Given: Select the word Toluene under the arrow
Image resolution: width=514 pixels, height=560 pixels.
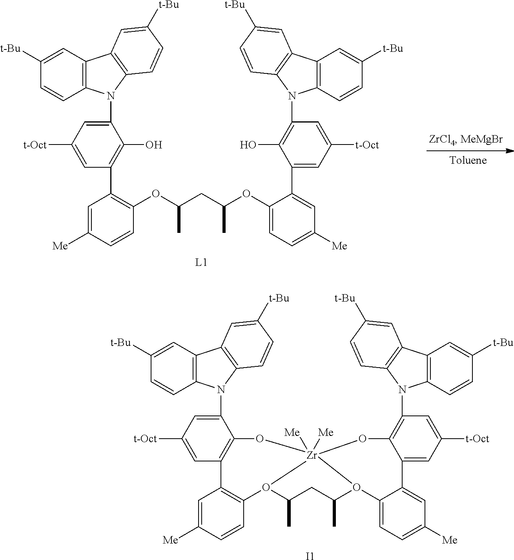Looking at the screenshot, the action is (468, 160).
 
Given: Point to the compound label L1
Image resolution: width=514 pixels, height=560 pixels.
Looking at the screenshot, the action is (201, 262).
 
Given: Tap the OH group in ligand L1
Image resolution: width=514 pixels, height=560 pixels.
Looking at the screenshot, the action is (153, 145).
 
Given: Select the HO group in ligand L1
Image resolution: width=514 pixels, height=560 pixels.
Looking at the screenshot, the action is (248, 145).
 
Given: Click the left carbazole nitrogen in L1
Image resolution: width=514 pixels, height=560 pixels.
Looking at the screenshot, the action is (111, 96).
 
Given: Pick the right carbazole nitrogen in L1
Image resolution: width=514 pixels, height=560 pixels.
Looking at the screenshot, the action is (292, 96).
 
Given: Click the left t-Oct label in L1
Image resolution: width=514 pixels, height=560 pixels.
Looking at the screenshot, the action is (35, 145).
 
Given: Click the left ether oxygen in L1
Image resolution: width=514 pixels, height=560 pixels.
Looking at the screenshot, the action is (156, 193).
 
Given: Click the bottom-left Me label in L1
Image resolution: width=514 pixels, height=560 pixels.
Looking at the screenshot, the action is (60, 246).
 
